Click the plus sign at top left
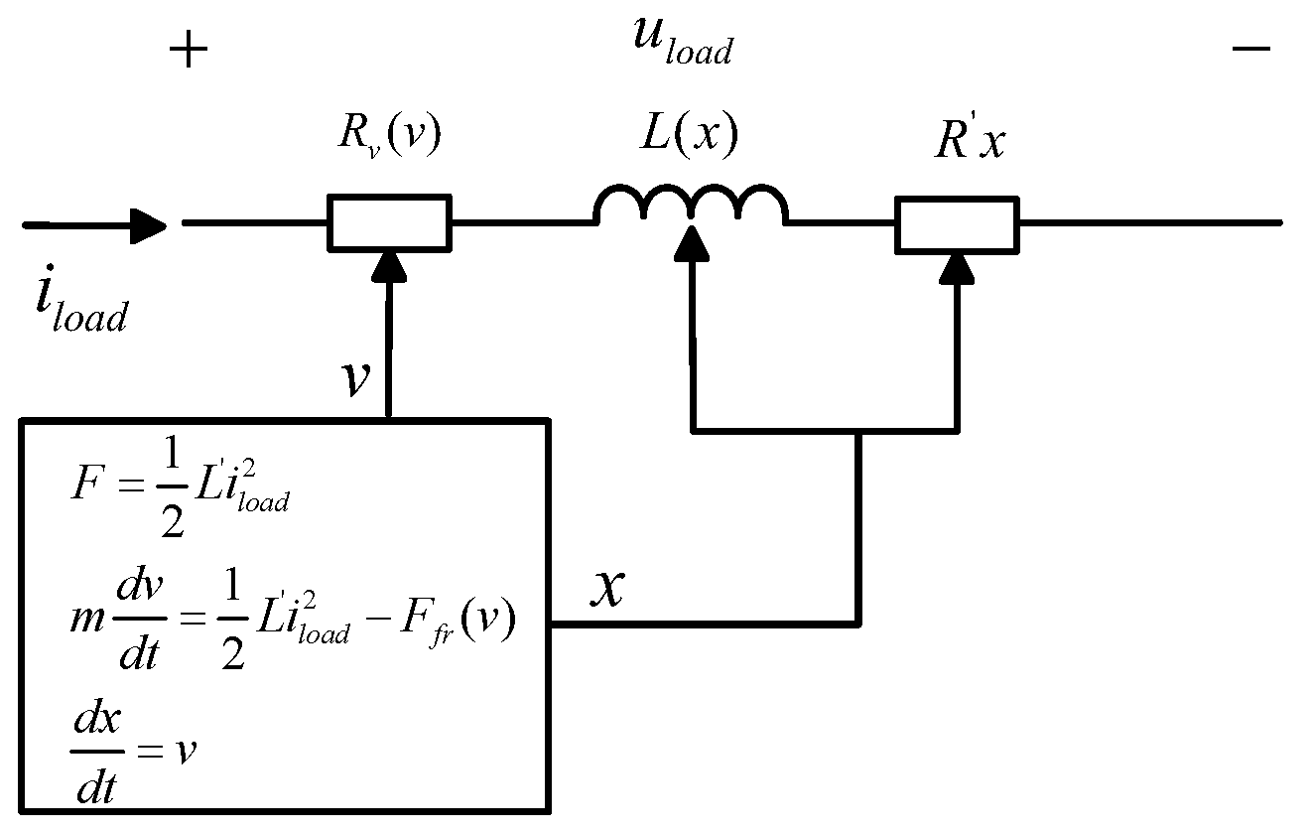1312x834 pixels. [189, 50]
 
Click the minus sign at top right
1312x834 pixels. [1251, 49]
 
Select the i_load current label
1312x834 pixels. [82, 300]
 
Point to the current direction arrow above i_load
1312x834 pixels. [95, 225]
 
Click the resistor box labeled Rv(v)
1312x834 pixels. [389, 222]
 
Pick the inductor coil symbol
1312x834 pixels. [691, 204]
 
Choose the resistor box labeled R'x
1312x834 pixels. [957, 225]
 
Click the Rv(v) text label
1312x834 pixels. [389, 135]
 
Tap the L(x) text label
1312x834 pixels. [689, 134]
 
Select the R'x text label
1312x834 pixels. [970, 139]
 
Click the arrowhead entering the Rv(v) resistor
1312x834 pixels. [389, 267]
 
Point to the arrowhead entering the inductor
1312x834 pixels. [692, 242]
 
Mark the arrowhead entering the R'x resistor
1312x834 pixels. [957, 270]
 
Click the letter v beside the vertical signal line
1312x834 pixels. [356, 378]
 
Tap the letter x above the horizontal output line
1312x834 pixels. [608, 587]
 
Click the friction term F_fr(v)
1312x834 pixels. [459, 622]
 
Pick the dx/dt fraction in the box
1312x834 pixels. [97, 751]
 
